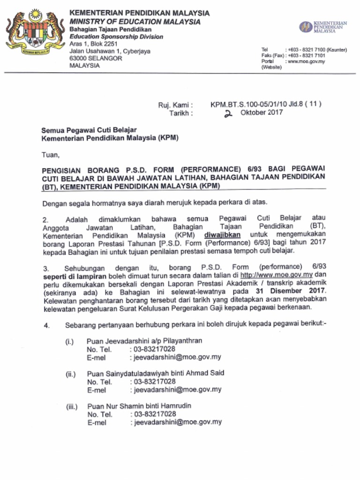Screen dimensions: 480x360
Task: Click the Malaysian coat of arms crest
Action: (35, 33)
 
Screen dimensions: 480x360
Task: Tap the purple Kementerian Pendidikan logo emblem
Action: (306, 27)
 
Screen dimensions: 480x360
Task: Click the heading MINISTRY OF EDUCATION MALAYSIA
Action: (135, 22)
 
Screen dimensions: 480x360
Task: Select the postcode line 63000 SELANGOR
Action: (96, 59)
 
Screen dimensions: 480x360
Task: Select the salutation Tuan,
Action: (51, 154)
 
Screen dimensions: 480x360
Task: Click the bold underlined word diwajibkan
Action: (222, 234)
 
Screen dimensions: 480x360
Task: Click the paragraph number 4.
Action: (46, 326)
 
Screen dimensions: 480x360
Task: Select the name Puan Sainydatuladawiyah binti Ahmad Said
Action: (155, 374)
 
